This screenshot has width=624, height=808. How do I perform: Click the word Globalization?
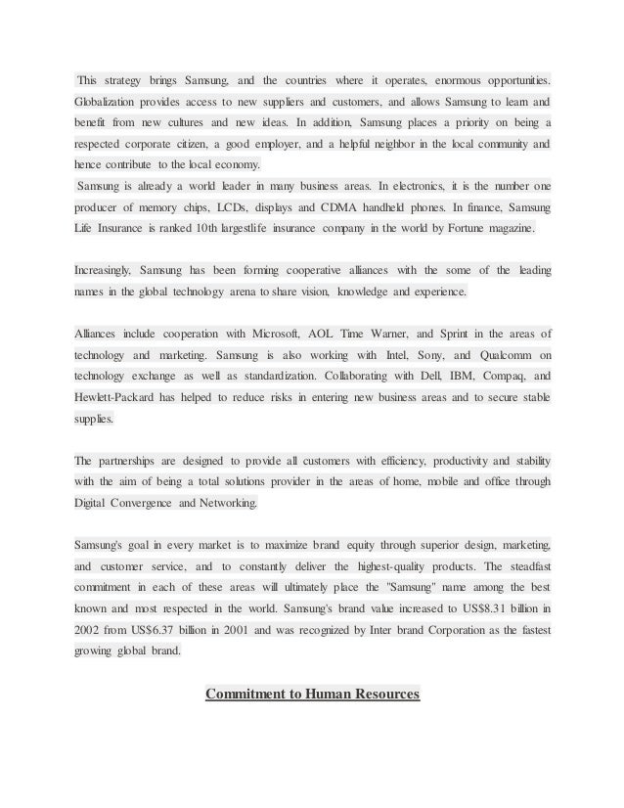[x=111, y=102]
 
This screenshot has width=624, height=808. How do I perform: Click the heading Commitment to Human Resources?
[x=312, y=695]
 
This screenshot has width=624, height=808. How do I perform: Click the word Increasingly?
[x=102, y=269]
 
